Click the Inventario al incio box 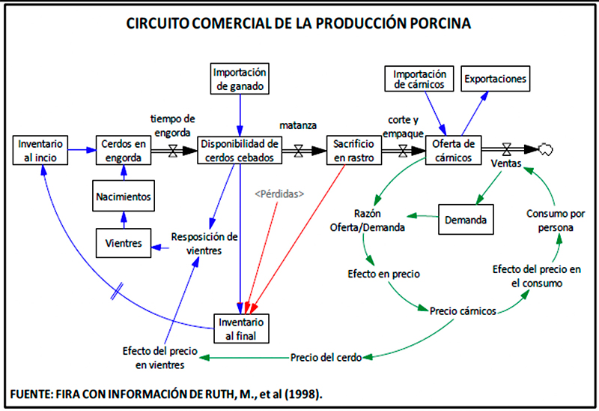pyautogui.click(x=40, y=150)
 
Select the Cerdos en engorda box pyautogui.click(x=124, y=150)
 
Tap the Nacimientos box pyautogui.click(x=124, y=196)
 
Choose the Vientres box pyautogui.click(x=124, y=243)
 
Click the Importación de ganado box pyautogui.click(x=240, y=79)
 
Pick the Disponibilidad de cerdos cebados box pyautogui.click(x=240, y=150)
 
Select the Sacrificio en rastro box pyautogui.click(x=353, y=150)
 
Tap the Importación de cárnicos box pyautogui.click(x=419, y=79)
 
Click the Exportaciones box pyautogui.click(x=495, y=79)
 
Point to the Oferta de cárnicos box pyautogui.click(x=453, y=150)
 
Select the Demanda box pyautogui.click(x=466, y=219)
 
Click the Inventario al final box pyautogui.click(x=241, y=328)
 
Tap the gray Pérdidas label pyautogui.click(x=279, y=194)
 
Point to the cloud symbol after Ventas pyautogui.click(x=546, y=149)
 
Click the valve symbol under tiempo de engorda pyautogui.click(x=173, y=151)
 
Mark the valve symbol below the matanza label pyautogui.click(x=299, y=151)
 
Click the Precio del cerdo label pyautogui.click(x=326, y=358)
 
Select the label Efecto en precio pyautogui.click(x=383, y=274)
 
